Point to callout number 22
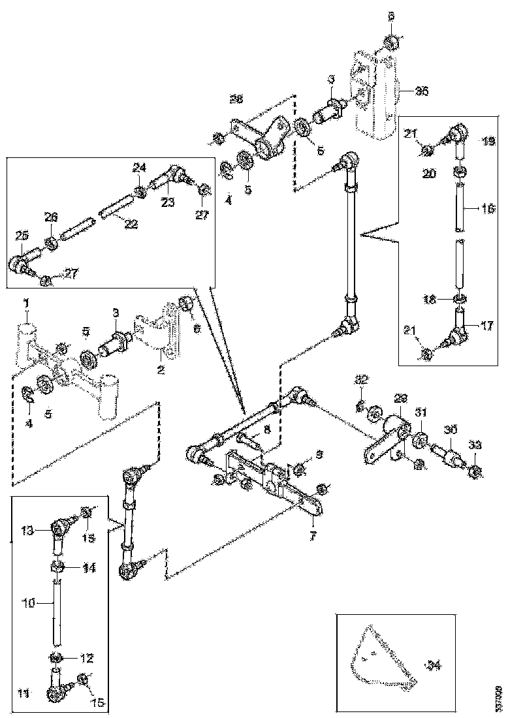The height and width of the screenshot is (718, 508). pos(131,224)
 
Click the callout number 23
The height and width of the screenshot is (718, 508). pos(168,202)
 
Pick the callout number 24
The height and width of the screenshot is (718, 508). pos(139,168)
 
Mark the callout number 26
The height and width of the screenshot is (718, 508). pos(51,216)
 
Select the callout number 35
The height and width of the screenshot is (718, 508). pos(422,91)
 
